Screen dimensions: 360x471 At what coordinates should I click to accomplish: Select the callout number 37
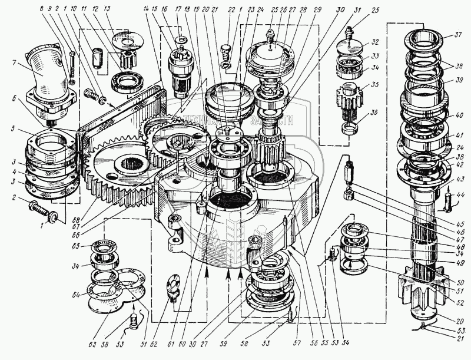pos(457,35)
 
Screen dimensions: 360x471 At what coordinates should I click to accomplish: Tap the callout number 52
pos(460,302)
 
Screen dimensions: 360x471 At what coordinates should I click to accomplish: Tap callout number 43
pos(460,179)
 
